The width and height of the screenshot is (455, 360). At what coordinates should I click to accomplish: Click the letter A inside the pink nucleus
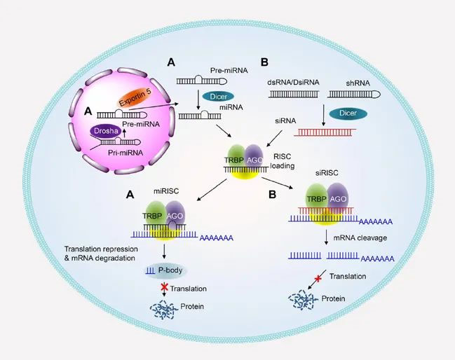(x=88, y=110)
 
